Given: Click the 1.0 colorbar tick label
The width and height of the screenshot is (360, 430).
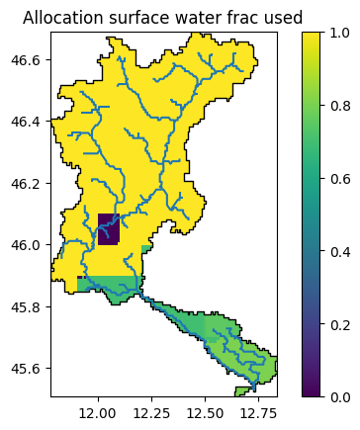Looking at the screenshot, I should click(340, 33).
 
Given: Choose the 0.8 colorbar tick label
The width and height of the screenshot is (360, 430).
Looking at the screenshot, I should click(340, 106).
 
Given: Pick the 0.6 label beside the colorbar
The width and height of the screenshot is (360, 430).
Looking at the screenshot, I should click(340, 178).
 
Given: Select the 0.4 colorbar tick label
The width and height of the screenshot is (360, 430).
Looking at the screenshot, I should click(340, 251).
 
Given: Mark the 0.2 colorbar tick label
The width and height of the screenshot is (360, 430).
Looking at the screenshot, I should click(340, 323).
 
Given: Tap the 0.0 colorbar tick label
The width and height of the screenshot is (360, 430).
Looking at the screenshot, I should click(340, 396).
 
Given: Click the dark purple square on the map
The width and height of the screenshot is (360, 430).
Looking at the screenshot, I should click(109, 229).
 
